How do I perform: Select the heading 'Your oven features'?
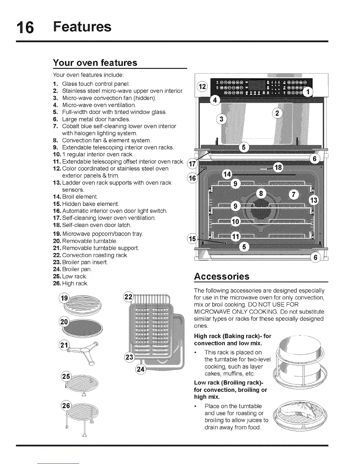tap(95, 63)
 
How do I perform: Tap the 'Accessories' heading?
tap(222, 277)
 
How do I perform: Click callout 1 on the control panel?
tap(308, 92)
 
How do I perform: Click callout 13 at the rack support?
tap(314, 201)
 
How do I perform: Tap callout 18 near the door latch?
tap(278, 168)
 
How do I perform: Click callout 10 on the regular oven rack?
tap(236, 222)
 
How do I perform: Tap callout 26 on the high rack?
tap(66, 406)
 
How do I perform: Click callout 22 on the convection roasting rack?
tap(128, 296)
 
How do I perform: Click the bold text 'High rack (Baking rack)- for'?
tap(233, 336)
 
